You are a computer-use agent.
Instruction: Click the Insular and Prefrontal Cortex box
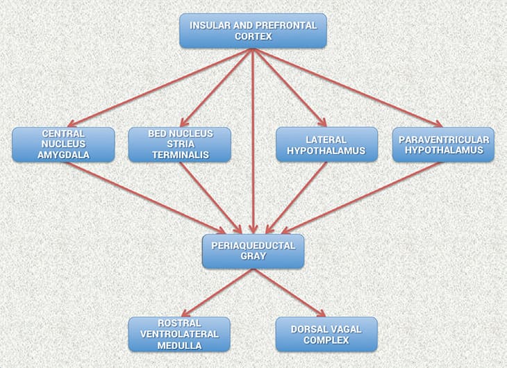pyautogui.click(x=253, y=31)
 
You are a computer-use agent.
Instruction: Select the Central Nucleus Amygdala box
pyautogui.click(x=63, y=144)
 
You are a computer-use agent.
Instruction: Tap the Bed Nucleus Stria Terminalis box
pyautogui.click(x=180, y=144)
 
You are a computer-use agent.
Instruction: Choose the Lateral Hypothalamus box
pyautogui.click(x=326, y=144)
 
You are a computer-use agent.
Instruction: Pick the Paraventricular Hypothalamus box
pyautogui.click(x=443, y=144)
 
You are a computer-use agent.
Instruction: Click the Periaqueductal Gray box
pyautogui.click(x=253, y=251)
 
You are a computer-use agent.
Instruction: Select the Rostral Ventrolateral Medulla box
pyautogui.click(x=180, y=334)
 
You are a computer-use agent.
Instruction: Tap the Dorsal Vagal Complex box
pyautogui.click(x=326, y=334)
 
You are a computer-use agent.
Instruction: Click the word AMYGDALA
pyautogui.click(x=63, y=156)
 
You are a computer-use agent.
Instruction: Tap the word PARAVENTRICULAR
pyautogui.click(x=443, y=140)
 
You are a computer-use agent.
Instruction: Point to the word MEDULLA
pyautogui.click(x=180, y=344)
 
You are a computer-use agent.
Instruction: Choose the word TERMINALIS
pyautogui.click(x=180, y=156)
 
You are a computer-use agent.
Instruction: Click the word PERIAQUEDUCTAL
pyautogui.click(x=253, y=245)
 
